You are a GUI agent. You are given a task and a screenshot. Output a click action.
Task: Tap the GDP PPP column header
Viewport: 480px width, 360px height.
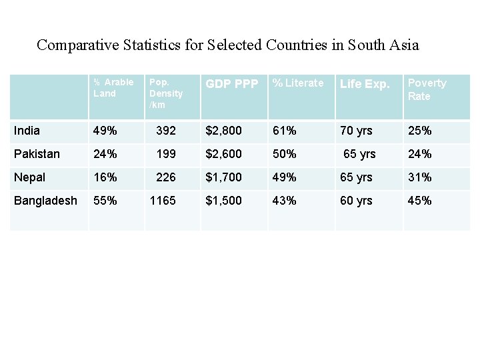(231, 84)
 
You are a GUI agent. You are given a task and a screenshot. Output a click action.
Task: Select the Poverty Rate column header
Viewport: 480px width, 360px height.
(427, 89)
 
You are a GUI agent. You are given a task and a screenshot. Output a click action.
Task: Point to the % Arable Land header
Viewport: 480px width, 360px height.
(113, 88)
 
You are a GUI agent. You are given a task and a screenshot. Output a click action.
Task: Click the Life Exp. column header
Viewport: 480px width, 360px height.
(365, 84)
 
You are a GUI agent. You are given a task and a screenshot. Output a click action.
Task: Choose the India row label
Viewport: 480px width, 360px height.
(27, 131)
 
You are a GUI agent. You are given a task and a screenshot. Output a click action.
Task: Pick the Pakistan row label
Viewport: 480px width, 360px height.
(37, 154)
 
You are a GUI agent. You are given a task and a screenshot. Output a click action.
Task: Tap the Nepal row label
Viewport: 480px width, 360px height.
(30, 177)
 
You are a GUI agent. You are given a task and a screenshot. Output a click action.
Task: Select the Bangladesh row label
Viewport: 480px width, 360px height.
(45, 201)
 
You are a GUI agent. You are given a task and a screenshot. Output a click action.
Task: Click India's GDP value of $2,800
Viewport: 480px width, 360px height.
(223, 131)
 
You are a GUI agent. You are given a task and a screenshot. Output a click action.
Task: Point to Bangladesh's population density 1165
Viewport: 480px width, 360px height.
(163, 201)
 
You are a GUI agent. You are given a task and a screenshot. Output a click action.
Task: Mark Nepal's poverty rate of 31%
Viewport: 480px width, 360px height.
(419, 177)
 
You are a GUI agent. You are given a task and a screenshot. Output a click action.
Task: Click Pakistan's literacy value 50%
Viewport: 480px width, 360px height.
(284, 154)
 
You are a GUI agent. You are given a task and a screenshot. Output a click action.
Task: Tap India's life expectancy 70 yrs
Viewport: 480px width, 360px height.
(357, 131)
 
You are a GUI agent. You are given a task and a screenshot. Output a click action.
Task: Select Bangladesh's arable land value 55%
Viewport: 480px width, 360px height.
(105, 201)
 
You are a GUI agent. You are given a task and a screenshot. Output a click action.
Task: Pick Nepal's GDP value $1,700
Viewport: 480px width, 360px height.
(223, 177)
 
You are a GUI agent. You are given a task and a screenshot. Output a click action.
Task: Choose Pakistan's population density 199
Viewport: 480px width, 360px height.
(165, 154)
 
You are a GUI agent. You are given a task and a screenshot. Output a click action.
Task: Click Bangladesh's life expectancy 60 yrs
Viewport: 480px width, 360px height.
(357, 201)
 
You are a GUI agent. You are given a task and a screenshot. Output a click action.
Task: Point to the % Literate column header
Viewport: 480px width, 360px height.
(297, 83)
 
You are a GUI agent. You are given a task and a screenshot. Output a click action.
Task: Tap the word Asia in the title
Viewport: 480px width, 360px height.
(403, 45)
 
